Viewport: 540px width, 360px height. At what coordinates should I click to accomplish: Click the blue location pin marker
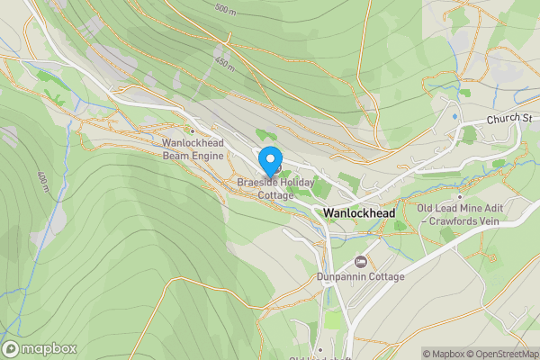269,160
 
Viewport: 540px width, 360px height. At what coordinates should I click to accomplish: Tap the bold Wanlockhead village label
358,212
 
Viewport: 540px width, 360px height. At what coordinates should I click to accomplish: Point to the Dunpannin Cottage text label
361,276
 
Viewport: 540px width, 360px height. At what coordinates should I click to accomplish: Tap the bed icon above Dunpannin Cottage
361,261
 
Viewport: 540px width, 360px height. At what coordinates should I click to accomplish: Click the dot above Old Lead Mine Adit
459,196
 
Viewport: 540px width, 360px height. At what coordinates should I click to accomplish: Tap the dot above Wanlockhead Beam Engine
191,131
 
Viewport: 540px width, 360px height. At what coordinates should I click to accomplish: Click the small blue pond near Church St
454,116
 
